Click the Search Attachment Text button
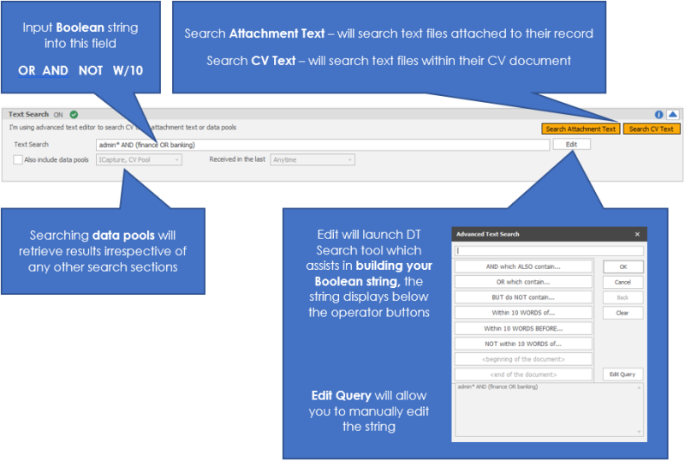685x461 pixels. (581, 129)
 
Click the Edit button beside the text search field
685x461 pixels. (571, 144)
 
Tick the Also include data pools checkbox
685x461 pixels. (18, 159)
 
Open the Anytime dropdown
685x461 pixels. (313, 159)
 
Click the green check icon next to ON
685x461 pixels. (74, 114)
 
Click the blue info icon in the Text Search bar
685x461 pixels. (658, 114)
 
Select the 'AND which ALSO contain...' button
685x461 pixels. (523, 266)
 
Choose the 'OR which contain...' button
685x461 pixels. (523, 282)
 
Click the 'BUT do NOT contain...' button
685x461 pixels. (523, 297)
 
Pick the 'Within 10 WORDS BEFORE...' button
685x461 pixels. (523, 328)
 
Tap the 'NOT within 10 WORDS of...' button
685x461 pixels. (523, 344)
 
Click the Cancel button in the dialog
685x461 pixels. (622, 282)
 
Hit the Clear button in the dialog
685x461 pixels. (622, 313)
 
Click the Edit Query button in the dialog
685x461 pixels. (622, 374)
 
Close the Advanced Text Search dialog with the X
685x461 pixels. (637, 234)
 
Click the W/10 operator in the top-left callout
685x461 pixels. (124, 70)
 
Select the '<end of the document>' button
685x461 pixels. (523, 374)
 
